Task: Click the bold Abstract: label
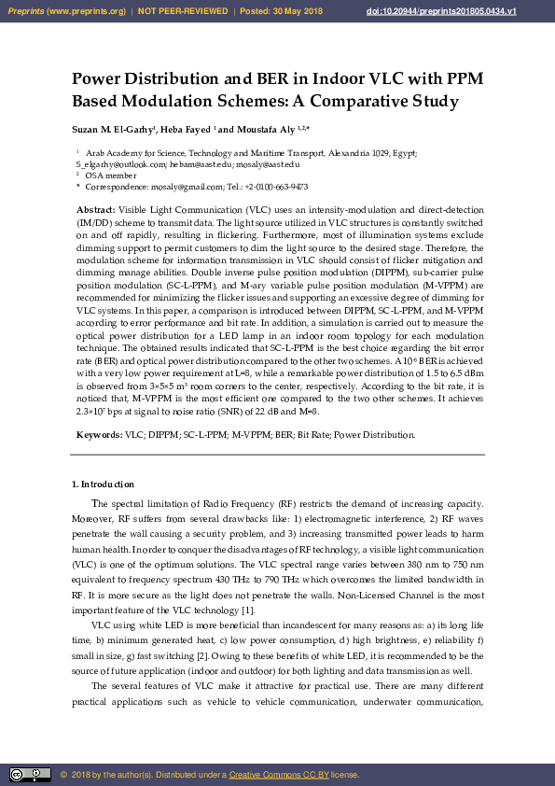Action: [95, 210]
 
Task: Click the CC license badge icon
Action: [30, 775]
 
